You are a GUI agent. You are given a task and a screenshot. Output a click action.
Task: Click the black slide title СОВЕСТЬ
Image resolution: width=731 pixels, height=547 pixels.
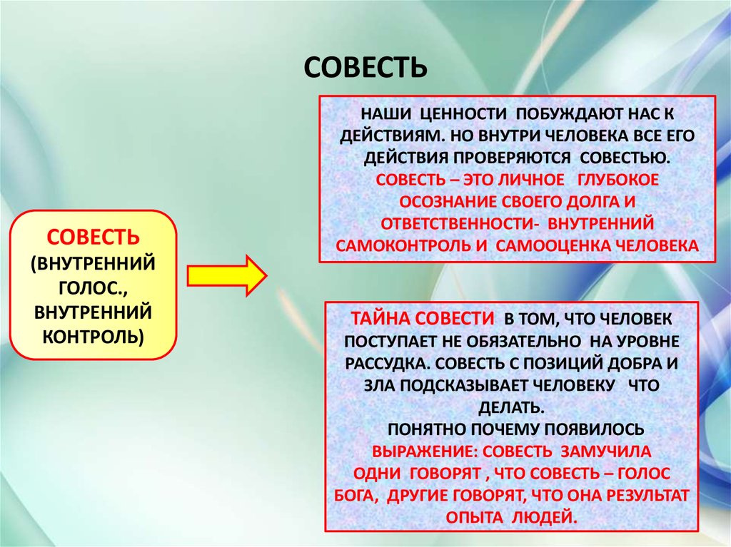coord(365,68)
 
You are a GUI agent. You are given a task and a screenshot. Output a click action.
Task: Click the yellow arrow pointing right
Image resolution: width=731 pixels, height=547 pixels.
coord(227,275)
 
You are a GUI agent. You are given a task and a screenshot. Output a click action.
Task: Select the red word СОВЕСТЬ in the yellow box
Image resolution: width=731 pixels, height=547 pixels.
coord(94,237)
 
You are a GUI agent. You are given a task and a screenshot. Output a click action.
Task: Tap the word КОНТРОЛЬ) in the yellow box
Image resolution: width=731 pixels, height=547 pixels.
coord(94,336)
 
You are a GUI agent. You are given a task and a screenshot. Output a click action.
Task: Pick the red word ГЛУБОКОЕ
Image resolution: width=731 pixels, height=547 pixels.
coord(617,180)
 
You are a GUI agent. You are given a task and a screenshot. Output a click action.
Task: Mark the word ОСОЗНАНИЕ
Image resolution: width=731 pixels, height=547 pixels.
coord(448,202)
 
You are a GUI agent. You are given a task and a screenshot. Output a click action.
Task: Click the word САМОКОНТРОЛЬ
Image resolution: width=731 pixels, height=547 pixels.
coord(403,245)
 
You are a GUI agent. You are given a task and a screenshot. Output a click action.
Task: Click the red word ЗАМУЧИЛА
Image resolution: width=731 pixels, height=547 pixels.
coord(605,451)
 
